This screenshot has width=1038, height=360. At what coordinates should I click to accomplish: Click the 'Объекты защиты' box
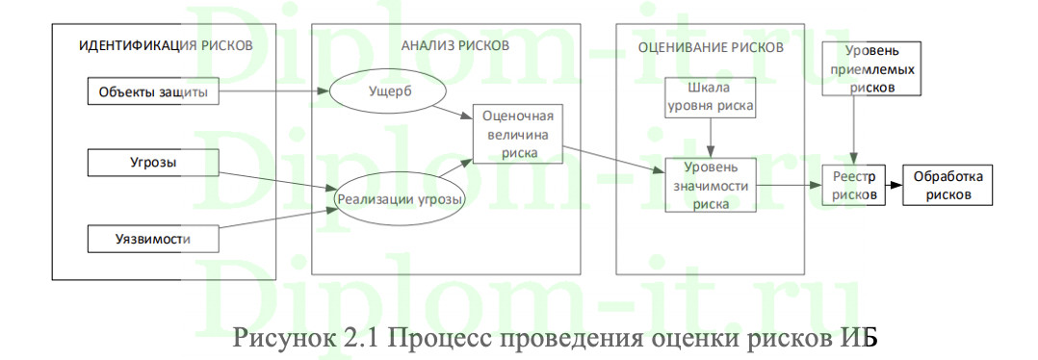(x=153, y=93)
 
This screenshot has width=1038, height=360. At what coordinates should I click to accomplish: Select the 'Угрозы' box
(x=153, y=163)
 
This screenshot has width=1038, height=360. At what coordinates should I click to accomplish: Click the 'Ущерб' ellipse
(x=388, y=94)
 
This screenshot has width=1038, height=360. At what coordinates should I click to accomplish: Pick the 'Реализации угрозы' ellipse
(x=400, y=200)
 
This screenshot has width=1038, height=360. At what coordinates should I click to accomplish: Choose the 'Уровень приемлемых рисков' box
(x=870, y=68)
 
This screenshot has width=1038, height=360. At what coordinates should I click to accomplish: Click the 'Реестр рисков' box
(x=854, y=186)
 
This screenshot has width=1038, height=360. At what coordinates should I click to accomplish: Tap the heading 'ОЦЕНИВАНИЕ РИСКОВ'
(x=711, y=46)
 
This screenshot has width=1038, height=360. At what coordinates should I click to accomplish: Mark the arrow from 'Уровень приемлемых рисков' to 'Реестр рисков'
(x=855, y=130)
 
